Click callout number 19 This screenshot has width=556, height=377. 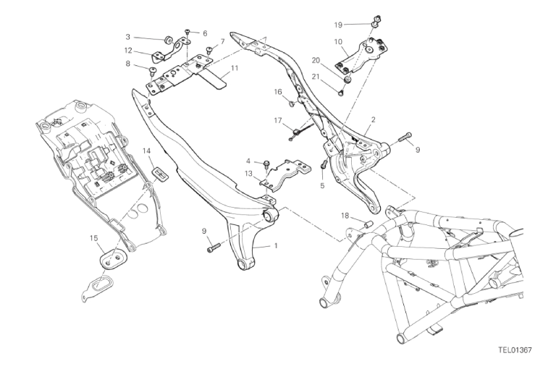pyautogui.click(x=338, y=25)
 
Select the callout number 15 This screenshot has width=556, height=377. pyautogui.click(x=93, y=238)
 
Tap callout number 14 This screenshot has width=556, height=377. pyautogui.click(x=146, y=151)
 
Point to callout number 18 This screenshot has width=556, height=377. pyautogui.click(x=345, y=216)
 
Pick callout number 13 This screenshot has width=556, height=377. pyautogui.click(x=248, y=173)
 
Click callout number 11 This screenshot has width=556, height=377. pyautogui.click(x=235, y=68)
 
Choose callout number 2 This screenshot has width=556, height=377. pyautogui.click(x=374, y=120)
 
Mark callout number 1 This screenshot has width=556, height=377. pyautogui.click(x=277, y=245)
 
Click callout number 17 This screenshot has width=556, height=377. pyautogui.click(x=278, y=121)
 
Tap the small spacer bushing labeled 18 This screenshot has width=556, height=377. pyautogui.click(x=368, y=224)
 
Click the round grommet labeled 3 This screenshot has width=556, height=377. pyautogui.click(x=168, y=38)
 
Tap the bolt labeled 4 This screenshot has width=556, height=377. pyautogui.click(x=266, y=164)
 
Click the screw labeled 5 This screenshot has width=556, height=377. pyautogui.click(x=323, y=164)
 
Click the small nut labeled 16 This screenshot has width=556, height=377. pyautogui.click(x=292, y=103)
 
